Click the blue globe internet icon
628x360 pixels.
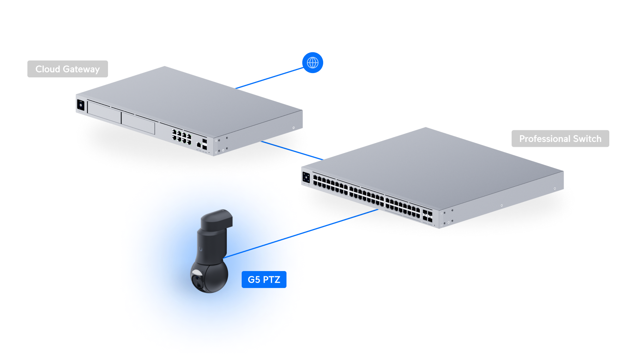(x=313, y=63)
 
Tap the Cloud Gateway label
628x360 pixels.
(x=68, y=69)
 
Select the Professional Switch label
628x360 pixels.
(x=560, y=139)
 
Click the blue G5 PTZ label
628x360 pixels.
(x=264, y=280)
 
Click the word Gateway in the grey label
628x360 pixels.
(x=81, y=69)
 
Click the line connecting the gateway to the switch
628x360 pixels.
(x=292, y=150)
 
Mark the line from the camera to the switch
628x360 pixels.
(x=301, y=233)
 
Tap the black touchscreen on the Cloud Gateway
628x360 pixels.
(x=81, y=105)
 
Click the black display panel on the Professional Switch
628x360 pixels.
(x=306, y=178)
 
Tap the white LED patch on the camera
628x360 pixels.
(x=197, y=272)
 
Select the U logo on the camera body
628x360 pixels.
(x=201, y=249)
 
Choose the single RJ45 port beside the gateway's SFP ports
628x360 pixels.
(x=199, y=145)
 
